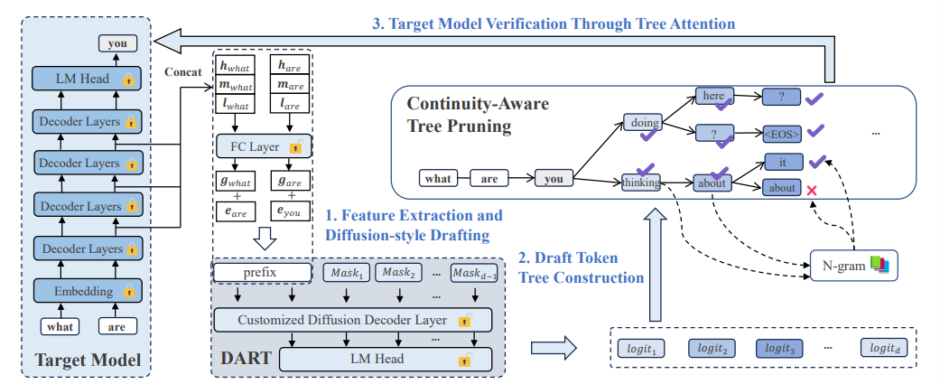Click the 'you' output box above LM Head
tap(117, 43)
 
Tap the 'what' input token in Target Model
tap(60, 326)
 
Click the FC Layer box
tap(265, 145)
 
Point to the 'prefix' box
tap(262, 272)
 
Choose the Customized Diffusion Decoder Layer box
tap(352, 320)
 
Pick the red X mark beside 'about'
tap(813, 191)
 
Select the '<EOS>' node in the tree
tap(782, 134)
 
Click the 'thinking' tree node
tap(641, 182)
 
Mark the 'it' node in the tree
tap(782, 162)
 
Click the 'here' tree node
tap(714, 96)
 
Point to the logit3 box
tap(778, 348)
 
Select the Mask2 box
tap(399, 273)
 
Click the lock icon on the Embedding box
tap(127, 292)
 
